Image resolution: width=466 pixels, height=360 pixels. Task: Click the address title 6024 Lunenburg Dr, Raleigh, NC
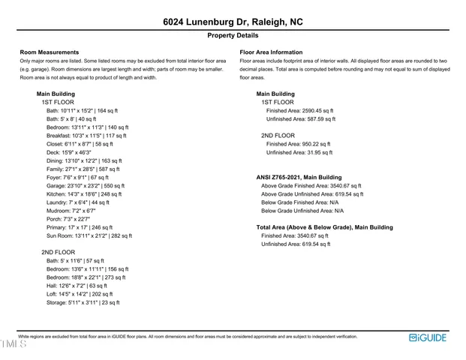tap(233, 22)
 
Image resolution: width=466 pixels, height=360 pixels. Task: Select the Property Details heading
tap(233, 35)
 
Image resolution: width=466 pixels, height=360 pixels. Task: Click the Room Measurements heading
tap(50, 52)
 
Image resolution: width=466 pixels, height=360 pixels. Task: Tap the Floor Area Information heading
tap(272, 52)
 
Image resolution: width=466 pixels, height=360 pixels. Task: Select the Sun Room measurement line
tap(89, 235)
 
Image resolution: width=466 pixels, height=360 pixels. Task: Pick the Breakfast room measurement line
tap(87, 136)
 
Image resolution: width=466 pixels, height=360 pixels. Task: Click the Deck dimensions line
tap(74, 152)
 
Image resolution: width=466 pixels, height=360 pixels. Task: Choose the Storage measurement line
tap(83, 302)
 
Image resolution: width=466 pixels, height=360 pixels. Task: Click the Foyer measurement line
tap(77, 178)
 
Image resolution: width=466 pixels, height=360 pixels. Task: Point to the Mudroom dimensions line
tap(71, 211)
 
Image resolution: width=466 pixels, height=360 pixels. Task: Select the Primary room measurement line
tap(80, 227)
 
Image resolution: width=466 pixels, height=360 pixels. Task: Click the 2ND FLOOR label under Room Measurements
tap(59, 253)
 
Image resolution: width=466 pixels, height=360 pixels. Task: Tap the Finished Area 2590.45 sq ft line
tap(301, 110)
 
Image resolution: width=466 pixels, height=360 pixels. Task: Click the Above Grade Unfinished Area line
tap(311, 194)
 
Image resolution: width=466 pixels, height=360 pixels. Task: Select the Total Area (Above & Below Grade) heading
tap(324, 227)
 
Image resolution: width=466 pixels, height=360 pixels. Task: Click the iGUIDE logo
tap(428, 337)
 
